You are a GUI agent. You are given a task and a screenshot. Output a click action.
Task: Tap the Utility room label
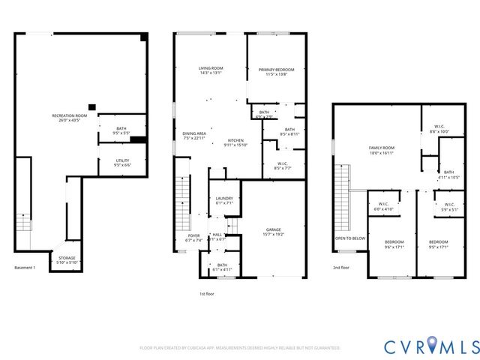point(121,162)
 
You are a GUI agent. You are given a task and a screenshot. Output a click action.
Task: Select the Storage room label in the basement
point(66,259)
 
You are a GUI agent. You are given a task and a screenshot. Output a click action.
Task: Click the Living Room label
point(211,70)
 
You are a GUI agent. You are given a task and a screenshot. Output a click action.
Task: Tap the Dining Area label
point(193,136)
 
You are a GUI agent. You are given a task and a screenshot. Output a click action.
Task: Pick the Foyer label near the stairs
point(193,238)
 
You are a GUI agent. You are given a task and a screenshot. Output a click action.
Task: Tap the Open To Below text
point(349,238)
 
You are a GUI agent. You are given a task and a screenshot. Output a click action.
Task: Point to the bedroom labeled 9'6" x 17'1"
point(394,244)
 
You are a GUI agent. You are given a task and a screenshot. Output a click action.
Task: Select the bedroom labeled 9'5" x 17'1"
point(438,244)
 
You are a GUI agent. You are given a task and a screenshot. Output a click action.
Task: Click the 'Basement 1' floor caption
point(25,268)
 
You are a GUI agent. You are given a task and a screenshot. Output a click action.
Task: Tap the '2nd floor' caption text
point(342,268)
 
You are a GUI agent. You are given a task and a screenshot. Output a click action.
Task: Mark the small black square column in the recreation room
point(91,106)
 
